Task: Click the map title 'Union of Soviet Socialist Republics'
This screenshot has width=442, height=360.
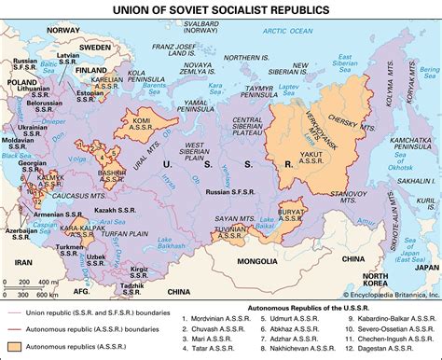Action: click(220, 10)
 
